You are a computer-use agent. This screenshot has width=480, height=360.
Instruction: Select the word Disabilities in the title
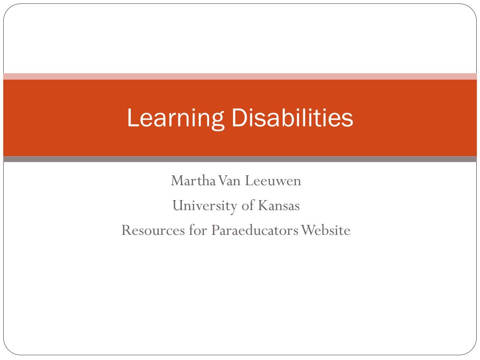coord(292,118)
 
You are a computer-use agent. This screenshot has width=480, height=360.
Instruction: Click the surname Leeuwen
coord(271,180)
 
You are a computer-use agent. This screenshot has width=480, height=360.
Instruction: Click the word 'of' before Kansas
coord(247,205)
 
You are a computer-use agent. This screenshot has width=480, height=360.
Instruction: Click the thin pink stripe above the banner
coord(240,76)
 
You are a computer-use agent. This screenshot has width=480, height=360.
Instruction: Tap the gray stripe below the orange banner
coord(240,159)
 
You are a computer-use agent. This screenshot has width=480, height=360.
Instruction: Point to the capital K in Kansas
coord(261,205)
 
